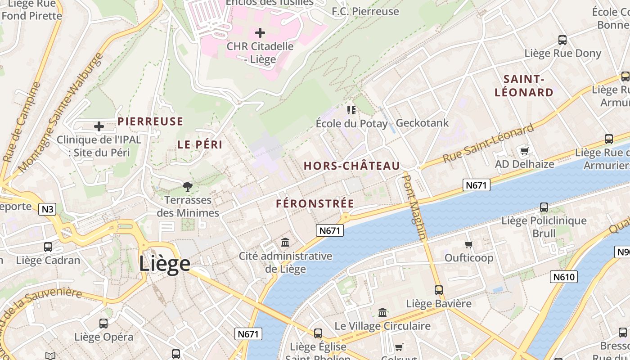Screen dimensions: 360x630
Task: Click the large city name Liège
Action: [x=164, y=263]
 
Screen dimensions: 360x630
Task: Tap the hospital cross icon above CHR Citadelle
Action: [x=260, y=33]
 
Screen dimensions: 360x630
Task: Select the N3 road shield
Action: [x=47, y=209]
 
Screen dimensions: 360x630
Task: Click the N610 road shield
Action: [x=563, y=276]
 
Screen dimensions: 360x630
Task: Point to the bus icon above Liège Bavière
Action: [x=439, y=290]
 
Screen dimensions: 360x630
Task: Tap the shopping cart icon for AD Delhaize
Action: [x=524, y=151]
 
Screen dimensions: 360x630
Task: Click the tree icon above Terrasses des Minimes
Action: [x=188, y=186]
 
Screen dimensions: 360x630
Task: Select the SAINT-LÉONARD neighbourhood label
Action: [x=524, y=86]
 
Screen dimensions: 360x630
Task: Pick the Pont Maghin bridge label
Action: [x=414, y=207]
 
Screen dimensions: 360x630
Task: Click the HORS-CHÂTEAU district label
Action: [x=351, y=166]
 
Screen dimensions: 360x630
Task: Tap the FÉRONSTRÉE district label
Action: [x=315, y=204]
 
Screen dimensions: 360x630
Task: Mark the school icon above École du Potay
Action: [x=351, y=110]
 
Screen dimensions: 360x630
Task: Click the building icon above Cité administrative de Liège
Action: [x=285, y=243]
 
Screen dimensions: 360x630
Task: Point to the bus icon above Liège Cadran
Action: [x=48, y=247]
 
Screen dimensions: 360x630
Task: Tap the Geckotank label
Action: [x=422, y=123]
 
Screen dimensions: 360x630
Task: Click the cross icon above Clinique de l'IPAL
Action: [x=99, y=126]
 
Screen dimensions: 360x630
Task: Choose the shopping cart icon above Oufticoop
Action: [x=469, y=244]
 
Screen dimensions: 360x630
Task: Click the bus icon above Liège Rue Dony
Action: [x=562, y=40]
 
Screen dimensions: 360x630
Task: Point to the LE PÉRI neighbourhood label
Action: [x=200, y=145]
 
